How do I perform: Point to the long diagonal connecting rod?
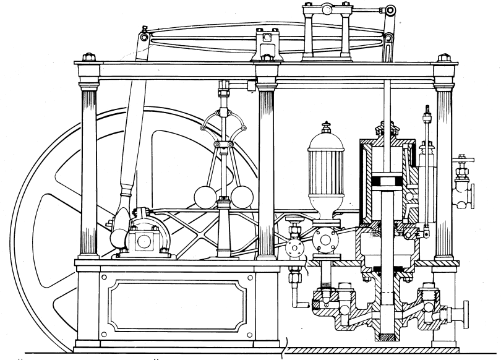pos(130,136)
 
